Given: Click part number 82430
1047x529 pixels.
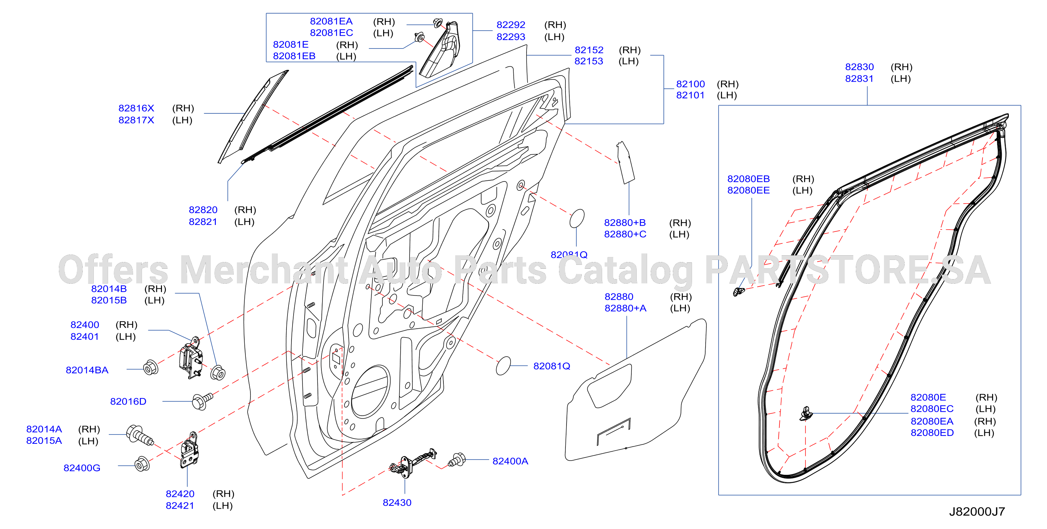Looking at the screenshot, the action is (397, 503).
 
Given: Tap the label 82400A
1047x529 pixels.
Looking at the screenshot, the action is (510, 461).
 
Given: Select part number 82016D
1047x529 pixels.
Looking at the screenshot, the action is (128, 401).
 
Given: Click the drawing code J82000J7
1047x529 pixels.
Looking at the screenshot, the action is (977, 512).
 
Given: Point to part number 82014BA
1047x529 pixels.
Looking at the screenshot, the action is (87, 370).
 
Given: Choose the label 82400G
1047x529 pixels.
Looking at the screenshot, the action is (82, 468).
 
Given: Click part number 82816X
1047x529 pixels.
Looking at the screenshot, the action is (136, 108).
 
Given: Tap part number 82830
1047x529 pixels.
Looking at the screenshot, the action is (859, 67).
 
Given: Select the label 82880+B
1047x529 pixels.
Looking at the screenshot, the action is (625, 223).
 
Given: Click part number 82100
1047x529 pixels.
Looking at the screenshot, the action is (690, 84).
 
